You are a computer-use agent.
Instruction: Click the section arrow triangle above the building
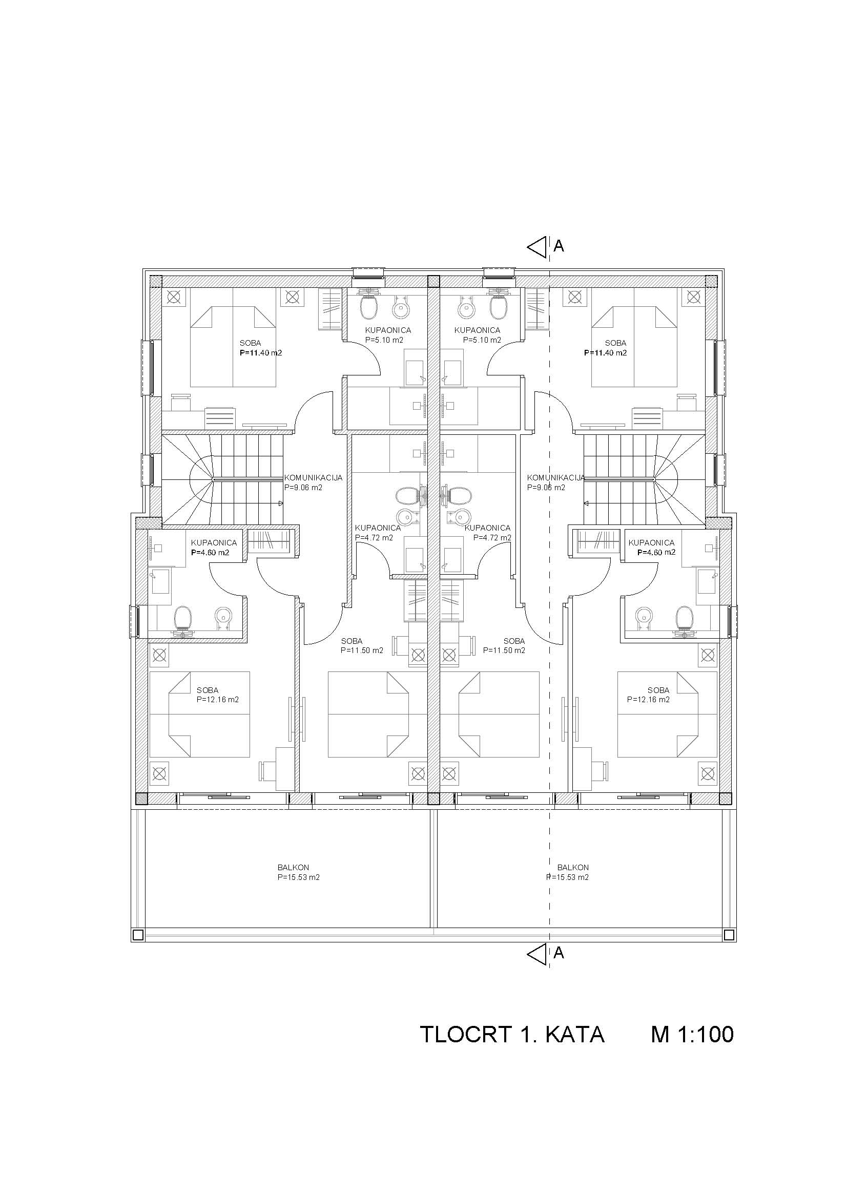tap(537, 247)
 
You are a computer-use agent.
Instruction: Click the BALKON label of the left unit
tap(293, 868)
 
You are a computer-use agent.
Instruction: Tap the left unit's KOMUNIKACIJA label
tap(313, 477)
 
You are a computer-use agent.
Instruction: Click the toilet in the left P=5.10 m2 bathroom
tap(369, 308)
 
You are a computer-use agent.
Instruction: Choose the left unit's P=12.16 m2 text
tap(218, 700)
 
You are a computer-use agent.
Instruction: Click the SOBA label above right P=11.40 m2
tap(616, 343)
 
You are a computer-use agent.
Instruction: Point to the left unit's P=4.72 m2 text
tap(374, 538)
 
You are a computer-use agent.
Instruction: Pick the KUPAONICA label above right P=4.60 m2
tap(651, 542)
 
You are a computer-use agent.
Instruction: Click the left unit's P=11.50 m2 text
tap(362, 650)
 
